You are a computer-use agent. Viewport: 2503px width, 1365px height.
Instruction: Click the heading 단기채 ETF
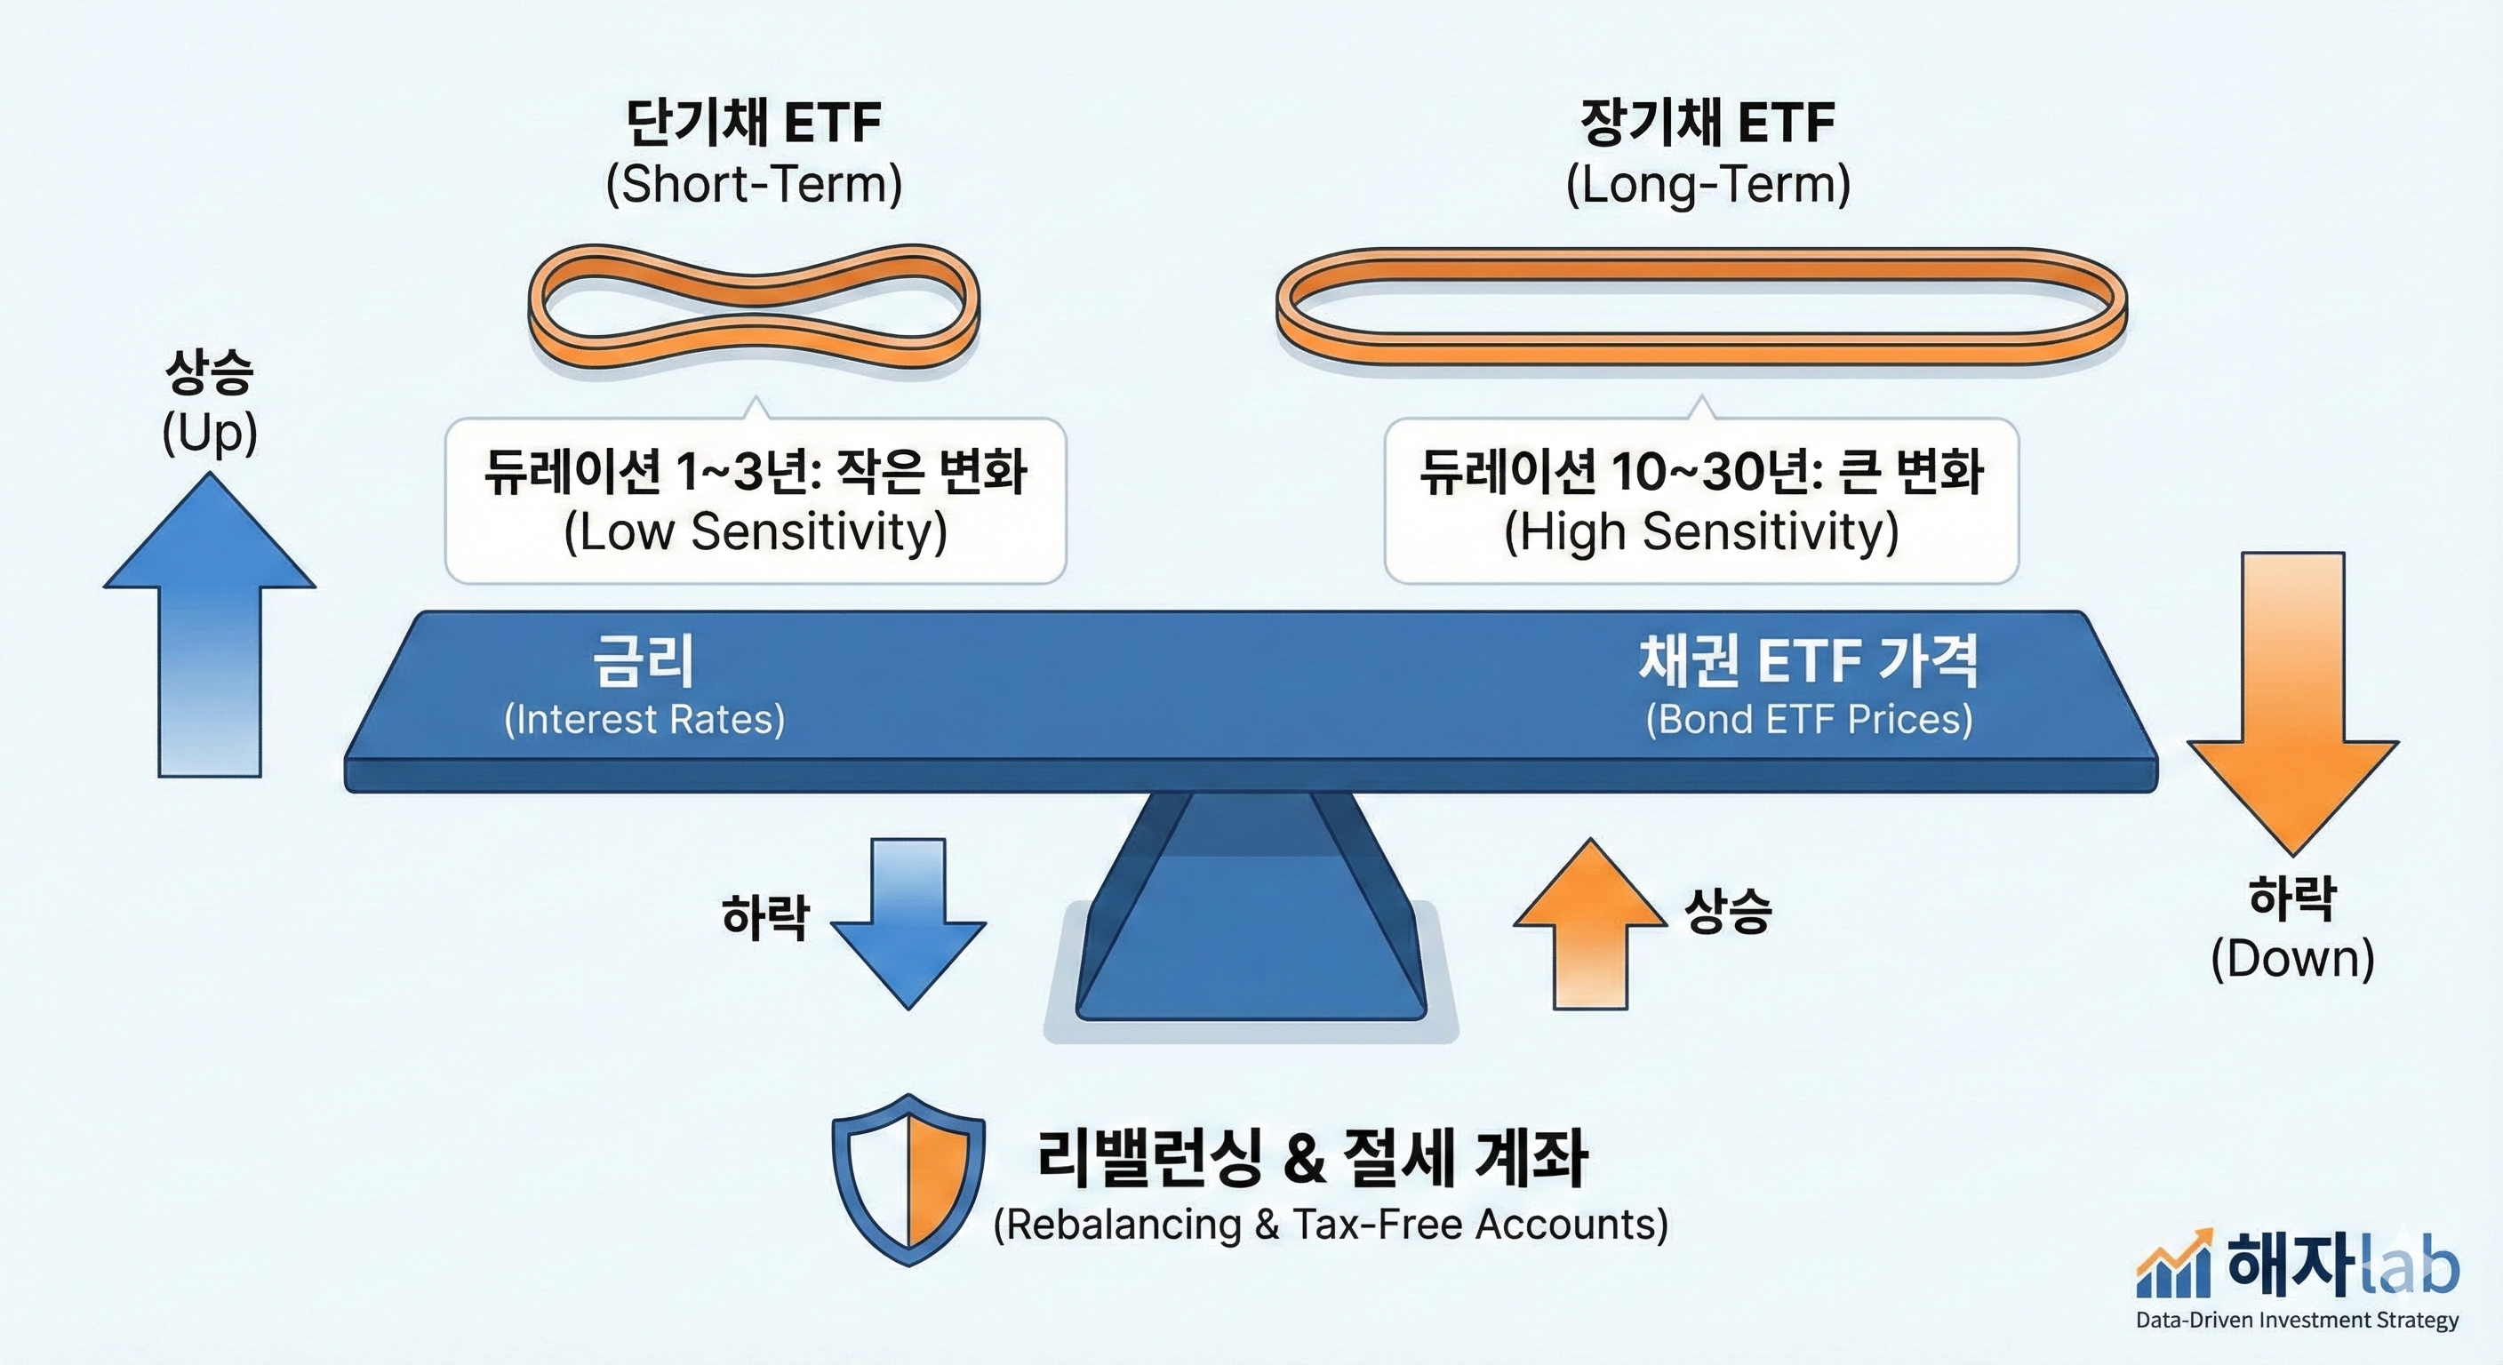coord(753,124)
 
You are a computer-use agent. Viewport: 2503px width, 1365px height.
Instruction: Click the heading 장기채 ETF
coord(1707,124)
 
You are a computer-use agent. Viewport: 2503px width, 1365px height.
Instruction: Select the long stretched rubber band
coord(1700,306)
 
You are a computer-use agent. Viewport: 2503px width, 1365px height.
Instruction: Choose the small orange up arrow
coord(1589,923)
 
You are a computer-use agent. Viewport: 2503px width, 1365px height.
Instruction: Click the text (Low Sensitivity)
coord(755,532)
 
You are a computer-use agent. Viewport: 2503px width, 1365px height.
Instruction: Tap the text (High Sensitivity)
coord(1701,532)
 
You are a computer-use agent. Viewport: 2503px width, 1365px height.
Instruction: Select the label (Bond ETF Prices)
coord(1809,719)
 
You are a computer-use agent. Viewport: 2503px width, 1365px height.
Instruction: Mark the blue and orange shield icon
coord(908,1179)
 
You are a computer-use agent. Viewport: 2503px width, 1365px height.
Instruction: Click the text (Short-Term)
coord(754,185)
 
